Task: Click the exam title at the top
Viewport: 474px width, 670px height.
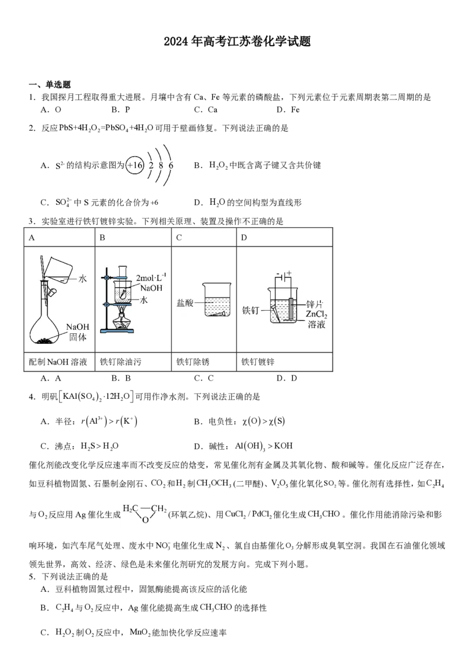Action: click(x=237, y=41)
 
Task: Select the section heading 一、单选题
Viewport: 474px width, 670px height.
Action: click(x=50, y=85)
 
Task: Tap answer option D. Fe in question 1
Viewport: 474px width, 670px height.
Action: click(x=288, y=110)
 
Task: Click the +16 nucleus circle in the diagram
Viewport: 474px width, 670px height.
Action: click(x=134, y=165)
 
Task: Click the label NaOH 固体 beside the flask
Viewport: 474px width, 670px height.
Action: click(x=78, y=332)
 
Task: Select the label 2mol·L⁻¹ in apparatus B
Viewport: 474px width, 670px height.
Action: click(x=151, y=278)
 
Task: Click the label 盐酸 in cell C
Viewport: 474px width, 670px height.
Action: click(x=185, y=303)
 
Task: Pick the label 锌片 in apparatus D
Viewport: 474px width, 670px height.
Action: click(x=315, y=304)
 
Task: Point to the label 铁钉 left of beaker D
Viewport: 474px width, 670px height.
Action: click(x=251, y=310)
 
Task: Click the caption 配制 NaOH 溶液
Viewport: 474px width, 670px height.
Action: click(x=57, y=362)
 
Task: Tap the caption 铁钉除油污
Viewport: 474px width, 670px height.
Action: click(x=121, y=362)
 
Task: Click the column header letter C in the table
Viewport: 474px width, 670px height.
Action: click(x=179, y=237)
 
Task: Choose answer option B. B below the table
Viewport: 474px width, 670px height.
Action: click(x=121, y=378)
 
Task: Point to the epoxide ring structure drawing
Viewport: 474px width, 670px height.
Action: click(x=145, y=513)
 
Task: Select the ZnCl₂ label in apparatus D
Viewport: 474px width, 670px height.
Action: click(x=316, y=314)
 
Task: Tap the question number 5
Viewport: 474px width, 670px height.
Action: click(x=32, y=577)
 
